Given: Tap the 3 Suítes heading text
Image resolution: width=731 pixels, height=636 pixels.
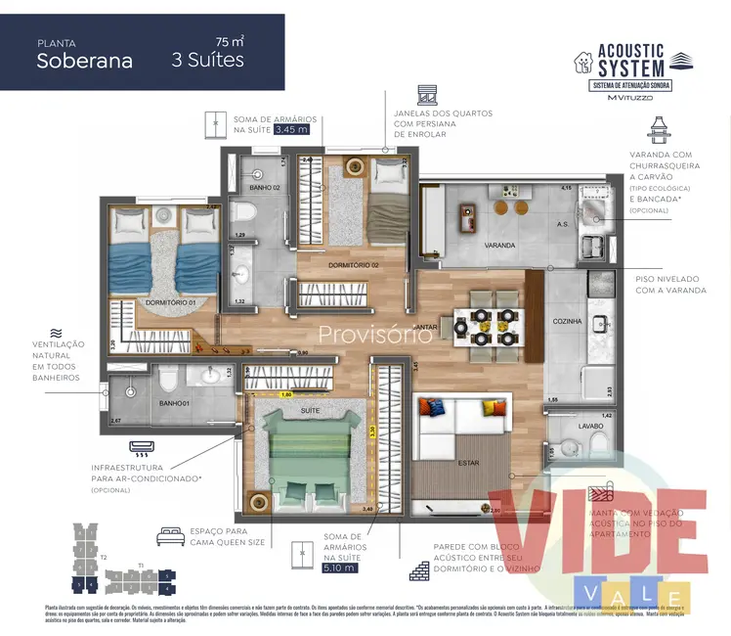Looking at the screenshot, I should point(207,60).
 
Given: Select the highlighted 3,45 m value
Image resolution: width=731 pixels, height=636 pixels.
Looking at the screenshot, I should point(291,128).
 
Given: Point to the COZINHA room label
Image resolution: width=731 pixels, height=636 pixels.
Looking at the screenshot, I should point(567,321).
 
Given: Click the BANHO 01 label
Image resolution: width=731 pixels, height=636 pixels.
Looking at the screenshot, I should point(173,402).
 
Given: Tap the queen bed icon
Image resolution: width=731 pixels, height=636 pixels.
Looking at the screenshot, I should point(170,537).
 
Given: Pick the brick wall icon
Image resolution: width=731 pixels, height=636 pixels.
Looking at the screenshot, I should point(420,570).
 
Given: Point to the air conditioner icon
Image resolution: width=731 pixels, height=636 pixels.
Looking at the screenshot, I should point(144,450).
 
